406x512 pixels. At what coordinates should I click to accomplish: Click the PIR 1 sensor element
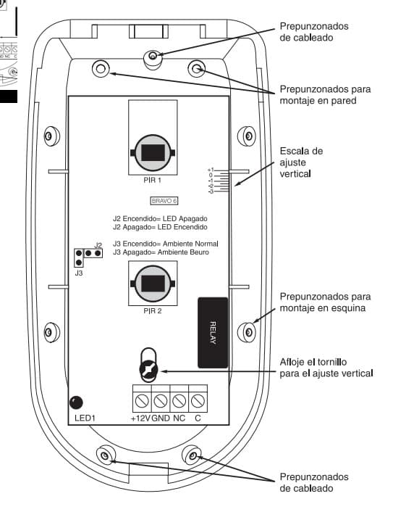[x=151, y=152]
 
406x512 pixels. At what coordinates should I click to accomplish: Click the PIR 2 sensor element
[x=151, y=284]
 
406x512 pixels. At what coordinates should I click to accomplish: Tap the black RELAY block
[x=213, y=331]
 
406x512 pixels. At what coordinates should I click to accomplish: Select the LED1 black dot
[x=75, y=402]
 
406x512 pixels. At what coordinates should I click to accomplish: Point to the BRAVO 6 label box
[x=164, y=199]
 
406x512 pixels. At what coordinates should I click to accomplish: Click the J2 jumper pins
[x=92, y=253]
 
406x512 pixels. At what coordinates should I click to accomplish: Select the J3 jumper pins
[x=78, y=257]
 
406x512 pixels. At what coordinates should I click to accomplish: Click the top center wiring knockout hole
[x=153, y=56]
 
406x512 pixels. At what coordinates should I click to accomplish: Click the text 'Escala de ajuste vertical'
[x=301, y=163]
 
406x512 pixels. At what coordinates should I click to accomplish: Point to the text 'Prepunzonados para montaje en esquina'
[x=325, y=303]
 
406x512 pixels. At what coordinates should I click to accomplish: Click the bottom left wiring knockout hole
[x=106, y=455]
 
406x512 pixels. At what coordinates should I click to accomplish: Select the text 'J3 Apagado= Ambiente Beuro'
[x=161, y=252]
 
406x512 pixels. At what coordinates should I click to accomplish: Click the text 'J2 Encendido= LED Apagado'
[x=160, y=218]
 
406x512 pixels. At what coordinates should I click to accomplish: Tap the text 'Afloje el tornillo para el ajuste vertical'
[x=326, y=367]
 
